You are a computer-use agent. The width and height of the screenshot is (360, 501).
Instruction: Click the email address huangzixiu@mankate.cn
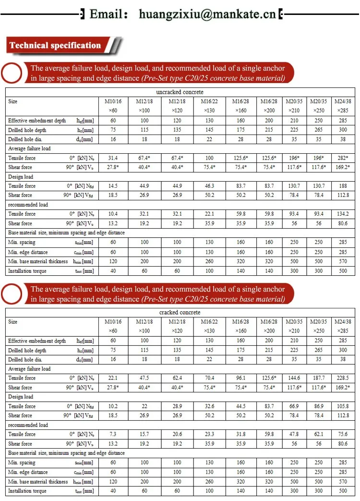click(x=207, y=14)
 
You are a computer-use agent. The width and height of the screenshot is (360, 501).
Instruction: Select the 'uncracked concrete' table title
click(x=180, y=92)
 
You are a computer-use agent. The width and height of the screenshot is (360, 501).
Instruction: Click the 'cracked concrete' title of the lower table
click(x=180, y=312)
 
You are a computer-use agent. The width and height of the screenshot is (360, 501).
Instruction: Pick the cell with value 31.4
click(x=113, y=158)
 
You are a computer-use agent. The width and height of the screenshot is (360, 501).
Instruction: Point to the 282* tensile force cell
click(x=343, y=158)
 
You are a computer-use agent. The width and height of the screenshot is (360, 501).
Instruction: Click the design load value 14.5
click(x=113, y=186)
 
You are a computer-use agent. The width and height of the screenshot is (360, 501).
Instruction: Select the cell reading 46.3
click(x=209, y=186)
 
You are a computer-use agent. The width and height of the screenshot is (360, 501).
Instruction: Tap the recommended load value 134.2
click(x=343, y=214)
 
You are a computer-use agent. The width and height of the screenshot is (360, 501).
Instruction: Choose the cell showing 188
click(x=343, y=186)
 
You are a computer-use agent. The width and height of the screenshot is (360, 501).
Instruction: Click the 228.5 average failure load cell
click(x=343, y=378)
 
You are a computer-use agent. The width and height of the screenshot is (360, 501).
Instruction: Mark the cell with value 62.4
click(x=177, y=378)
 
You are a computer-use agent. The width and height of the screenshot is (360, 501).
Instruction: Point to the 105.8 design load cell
click(x=343, y=406)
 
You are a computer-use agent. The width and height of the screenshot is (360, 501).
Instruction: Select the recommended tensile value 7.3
click(x=113, y=434)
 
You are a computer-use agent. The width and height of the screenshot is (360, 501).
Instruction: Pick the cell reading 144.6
click(x=294, y=378)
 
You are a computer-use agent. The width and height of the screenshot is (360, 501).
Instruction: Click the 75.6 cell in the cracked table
click(x=343, y=434)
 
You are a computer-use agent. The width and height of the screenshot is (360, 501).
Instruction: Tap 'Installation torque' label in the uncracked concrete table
click(x=27, y=271)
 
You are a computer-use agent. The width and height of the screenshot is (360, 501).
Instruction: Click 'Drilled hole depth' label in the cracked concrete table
click(x=27, y=351)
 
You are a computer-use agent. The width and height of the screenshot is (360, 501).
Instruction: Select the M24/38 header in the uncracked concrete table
click(x=343, y=101)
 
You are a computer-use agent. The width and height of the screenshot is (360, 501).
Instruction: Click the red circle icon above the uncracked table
click(x=12, y=73)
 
